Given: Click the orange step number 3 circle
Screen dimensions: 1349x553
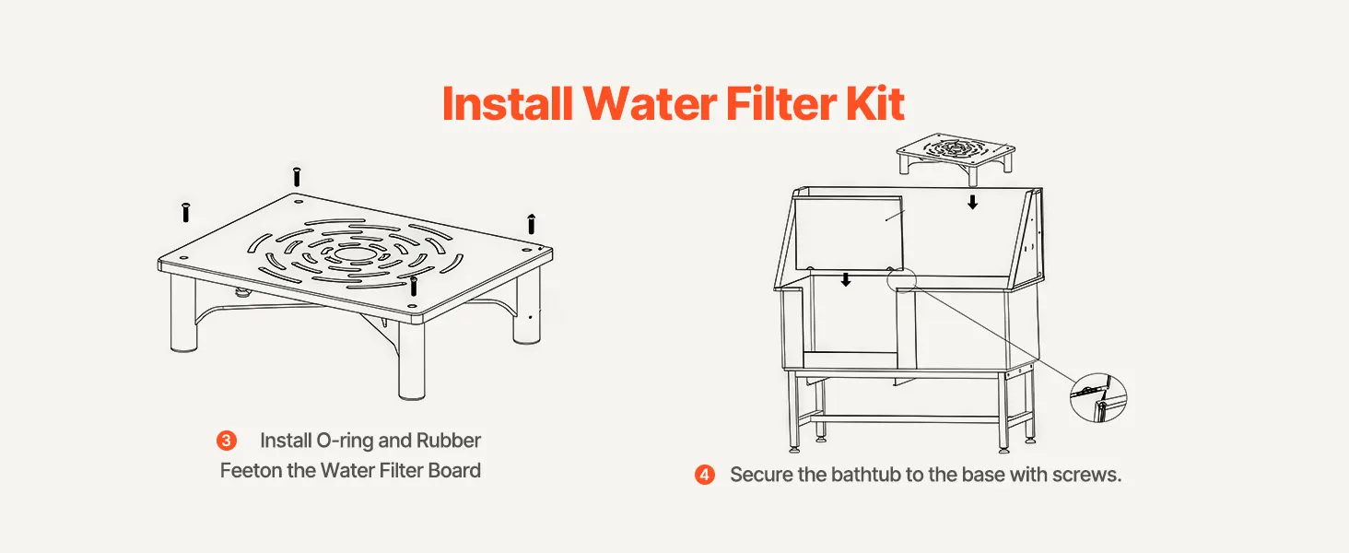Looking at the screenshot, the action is pyautogui.click(x=227, y=441).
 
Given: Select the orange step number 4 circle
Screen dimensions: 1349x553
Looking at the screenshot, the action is pyautogui.click(x=705, y=475).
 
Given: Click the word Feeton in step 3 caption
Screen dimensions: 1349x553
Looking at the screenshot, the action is pyautogui.click(x=252, y=470).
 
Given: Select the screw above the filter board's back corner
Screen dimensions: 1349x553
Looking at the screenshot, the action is pyautogui.click(x=297, y=177).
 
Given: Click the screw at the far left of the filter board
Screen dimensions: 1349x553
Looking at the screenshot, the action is pyautogui.click(x=185, y=212).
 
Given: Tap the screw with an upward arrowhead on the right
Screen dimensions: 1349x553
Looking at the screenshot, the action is pyautogui.click(x=531, y=223).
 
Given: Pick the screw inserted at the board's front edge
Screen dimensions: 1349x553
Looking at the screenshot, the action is pyautogui.click(x=413, y=286).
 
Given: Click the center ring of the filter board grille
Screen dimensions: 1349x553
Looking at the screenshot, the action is pyautogui.click(x=353, y=253).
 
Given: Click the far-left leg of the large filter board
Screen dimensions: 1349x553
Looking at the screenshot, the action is pyautogui.click(x=183, y=313).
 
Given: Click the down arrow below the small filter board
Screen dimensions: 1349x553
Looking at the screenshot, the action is pyautogui.click(x=973, y=202).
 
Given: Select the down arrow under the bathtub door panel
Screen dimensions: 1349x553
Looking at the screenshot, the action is pyautogui.click(x=846, y=279).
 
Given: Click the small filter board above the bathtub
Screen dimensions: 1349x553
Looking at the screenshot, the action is pyautogui.click(x=956, y=155).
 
